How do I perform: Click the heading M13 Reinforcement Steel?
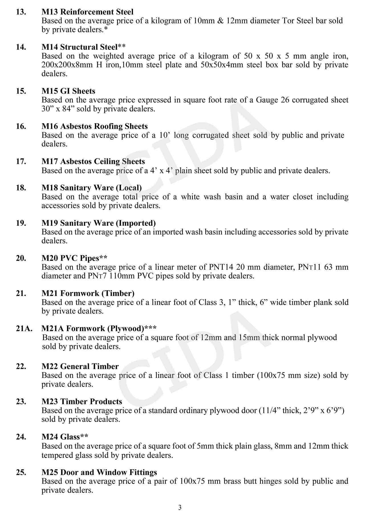tap(87, 12)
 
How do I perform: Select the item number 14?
tap(21, 47)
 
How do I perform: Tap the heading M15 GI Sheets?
tap(68, 91)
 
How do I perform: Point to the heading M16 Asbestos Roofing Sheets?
tap(94, 126)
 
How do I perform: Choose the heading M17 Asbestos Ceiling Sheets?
tap(93, 162)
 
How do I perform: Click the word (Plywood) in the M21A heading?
tap(126, 329)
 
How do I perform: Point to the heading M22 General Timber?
tap(80, 366)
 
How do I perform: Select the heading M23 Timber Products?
tap(82, 402)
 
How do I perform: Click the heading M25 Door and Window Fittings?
tap(99, 472)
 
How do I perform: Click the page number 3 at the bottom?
tap(180, 507)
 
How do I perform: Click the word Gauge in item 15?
tap(267, 100)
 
